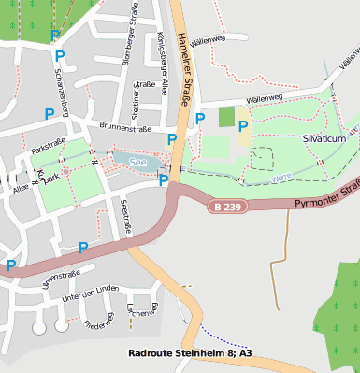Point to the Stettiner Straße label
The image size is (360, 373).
(x=137, y=100)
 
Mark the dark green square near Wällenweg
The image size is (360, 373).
(x=226, y=117)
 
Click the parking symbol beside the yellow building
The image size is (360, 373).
(x=243, y=125)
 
